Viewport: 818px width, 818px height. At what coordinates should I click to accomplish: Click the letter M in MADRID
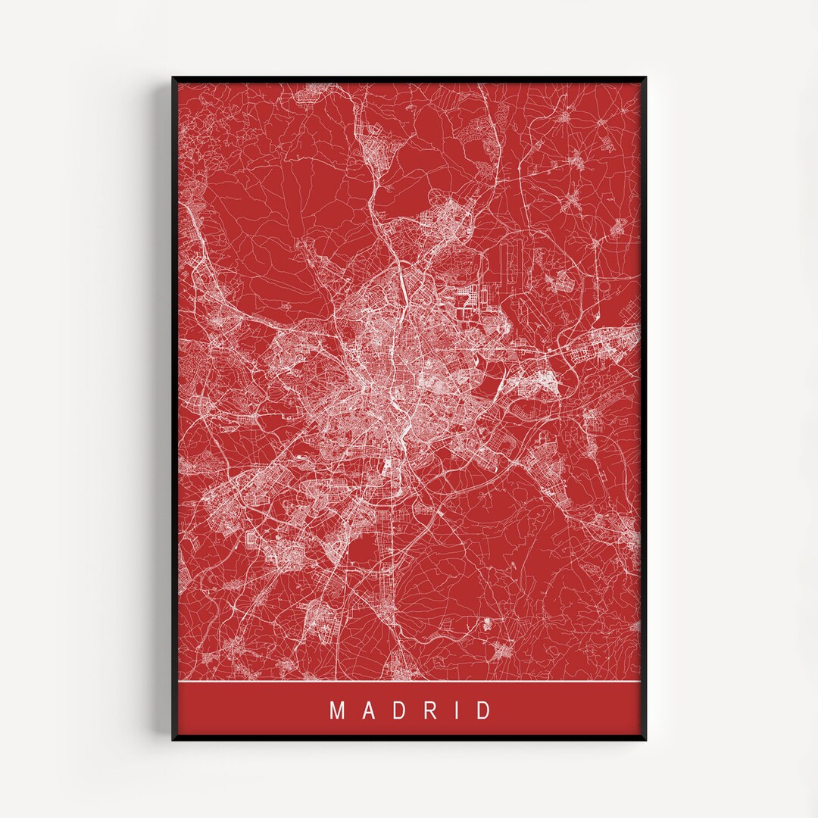point(337,711)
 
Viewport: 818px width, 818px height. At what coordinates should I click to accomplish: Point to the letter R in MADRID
point(427,711)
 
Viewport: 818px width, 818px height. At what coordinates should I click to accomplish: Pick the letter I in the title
point(455,711)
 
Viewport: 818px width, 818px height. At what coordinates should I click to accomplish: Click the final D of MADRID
point(483,711)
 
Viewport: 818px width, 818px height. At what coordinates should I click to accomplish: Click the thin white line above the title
point(409,682)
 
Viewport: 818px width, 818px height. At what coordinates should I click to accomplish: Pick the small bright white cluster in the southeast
point(486,623)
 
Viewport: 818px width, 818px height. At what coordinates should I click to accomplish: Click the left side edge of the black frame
point(174,409)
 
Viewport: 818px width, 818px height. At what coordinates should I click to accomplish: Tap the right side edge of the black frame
point(644,409)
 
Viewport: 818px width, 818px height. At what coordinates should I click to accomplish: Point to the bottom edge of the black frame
point(409,738)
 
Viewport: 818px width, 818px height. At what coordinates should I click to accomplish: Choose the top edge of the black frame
point(409,78)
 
